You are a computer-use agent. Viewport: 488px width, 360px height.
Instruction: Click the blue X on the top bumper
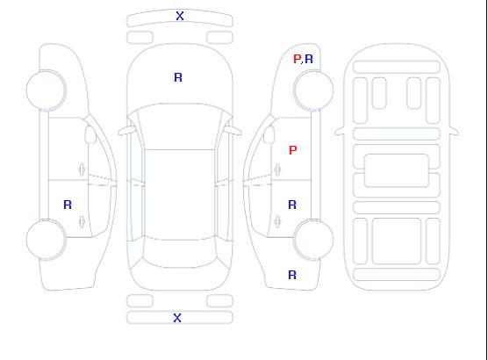click(180, 16)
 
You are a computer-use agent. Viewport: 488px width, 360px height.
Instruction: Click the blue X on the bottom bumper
click(177, 318)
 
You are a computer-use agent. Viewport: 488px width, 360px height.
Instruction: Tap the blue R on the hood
click(178, 77)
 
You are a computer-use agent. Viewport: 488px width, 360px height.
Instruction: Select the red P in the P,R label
click(298, 59)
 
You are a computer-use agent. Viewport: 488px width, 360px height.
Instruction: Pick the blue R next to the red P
click(309, 59)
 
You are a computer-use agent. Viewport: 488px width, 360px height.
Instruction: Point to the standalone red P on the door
click(293, 150)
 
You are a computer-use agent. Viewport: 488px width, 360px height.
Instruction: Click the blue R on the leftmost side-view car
click(68, 205)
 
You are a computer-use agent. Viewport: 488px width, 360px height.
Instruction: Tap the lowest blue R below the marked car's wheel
click(292, 275)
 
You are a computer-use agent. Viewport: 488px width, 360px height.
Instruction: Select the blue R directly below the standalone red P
click(292, 205)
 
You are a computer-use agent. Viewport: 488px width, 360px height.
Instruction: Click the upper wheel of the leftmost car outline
click(46, 90)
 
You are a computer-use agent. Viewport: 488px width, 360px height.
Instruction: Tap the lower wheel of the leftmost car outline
click(46, 240)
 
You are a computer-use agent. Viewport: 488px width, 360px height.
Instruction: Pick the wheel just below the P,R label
click(313, 90)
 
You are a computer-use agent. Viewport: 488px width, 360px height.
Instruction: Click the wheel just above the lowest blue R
click(313, 240)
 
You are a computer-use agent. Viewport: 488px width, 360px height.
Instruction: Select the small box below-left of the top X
click(140, 38)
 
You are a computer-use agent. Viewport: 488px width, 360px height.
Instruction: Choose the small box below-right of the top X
click(219, 38)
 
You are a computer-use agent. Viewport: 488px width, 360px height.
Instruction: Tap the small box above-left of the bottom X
click(140, 301)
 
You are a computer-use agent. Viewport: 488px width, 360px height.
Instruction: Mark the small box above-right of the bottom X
click(219, 301)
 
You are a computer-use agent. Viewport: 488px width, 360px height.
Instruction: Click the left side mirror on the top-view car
click(126, 131)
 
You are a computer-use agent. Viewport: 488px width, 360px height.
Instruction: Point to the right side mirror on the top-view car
click(233, 131)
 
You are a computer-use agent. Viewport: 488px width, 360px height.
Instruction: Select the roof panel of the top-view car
click(180, 195)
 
